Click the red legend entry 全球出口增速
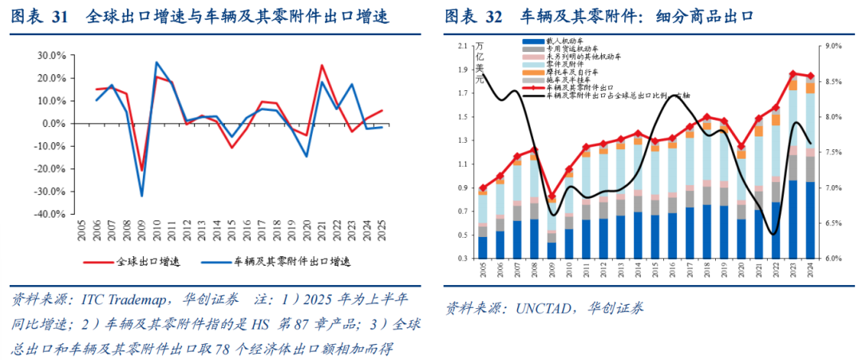click(x=143, y=261)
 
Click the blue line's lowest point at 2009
click(x=142, y=196)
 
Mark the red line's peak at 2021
click(x=322, y=65)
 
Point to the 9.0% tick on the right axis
click(x=832, y=46)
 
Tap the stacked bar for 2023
click(x=793, y=168)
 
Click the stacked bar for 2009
click(x=551, y=227)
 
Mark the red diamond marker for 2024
click(x=811, y=76)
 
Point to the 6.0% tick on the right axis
click(x=832, y=259)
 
